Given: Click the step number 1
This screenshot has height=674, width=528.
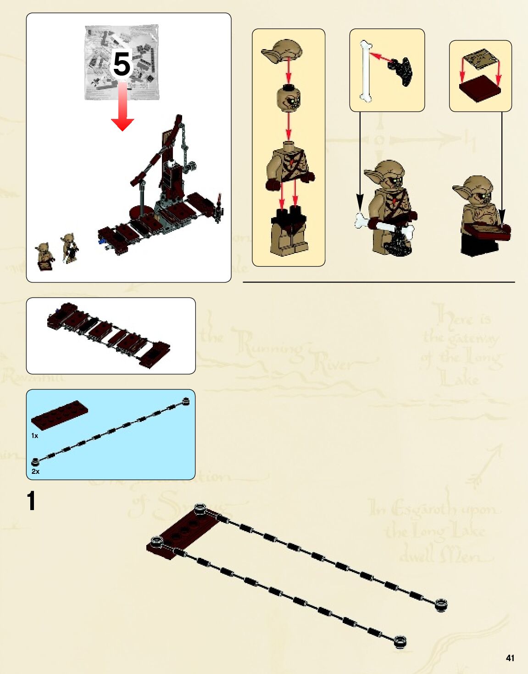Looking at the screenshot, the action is click(31, 501).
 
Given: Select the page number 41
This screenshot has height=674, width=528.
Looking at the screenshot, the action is click(510, 658).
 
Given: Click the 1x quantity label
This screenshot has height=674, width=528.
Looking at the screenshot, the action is click(35, 435).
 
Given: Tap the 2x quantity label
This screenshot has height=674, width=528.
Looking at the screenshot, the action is click(35, 471).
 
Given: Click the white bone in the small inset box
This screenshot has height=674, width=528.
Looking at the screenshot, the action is click(365, 71).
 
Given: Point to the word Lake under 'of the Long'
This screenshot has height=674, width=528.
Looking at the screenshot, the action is click(459, 379).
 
